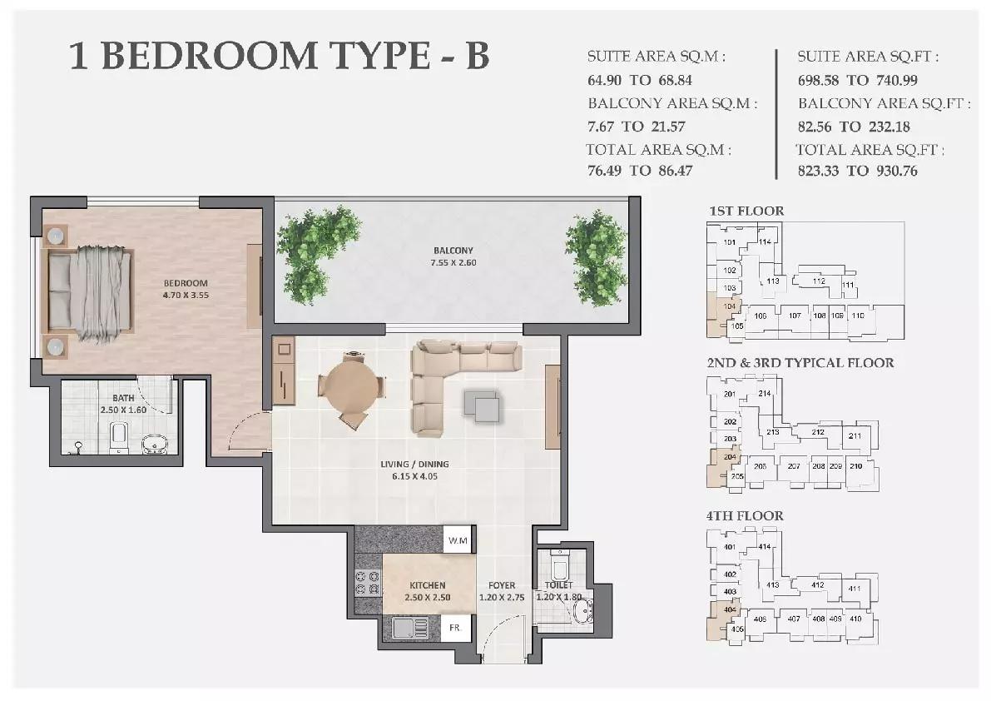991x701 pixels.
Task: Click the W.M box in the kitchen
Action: [457, 540]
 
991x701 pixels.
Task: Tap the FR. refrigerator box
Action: [456, 627]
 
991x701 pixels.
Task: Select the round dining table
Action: [352, 388]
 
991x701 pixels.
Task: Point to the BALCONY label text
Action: [453, 251]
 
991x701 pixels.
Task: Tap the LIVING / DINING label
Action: [419, 465]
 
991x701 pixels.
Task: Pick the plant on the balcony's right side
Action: [596, 257]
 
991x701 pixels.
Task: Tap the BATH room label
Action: [111, 398]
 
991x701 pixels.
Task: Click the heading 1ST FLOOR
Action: [746, 211]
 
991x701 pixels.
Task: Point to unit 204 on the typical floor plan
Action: [730, 457]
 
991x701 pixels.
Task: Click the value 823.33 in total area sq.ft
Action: [820, 171]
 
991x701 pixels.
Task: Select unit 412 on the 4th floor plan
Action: [817, 585]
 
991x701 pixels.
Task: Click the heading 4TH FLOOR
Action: [745, 515]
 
